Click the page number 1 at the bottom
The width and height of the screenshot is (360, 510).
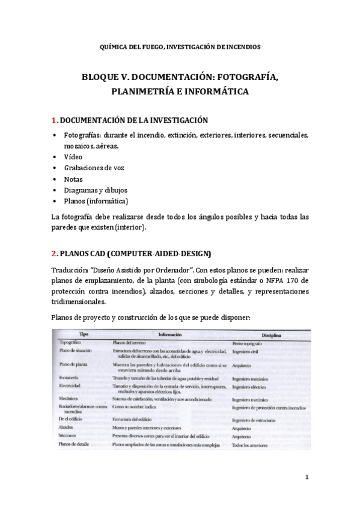click(307, 478)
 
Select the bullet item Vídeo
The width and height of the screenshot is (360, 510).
click(73, 156)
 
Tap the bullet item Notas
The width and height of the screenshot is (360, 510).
click(73, 179)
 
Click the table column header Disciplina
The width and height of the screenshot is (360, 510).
click(272, 334)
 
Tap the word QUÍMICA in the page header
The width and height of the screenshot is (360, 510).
click(112, 46)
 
